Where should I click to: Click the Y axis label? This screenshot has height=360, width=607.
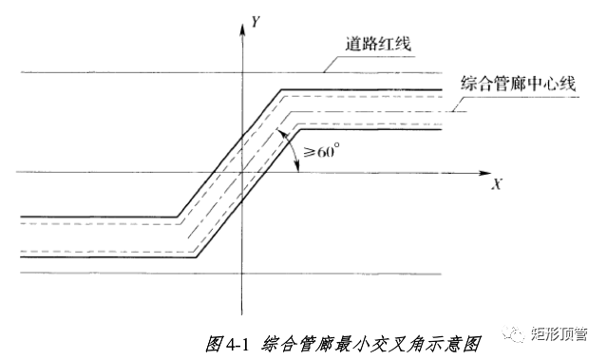256,24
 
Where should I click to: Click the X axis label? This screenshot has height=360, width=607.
496,184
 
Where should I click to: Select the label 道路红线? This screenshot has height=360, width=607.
378,44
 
